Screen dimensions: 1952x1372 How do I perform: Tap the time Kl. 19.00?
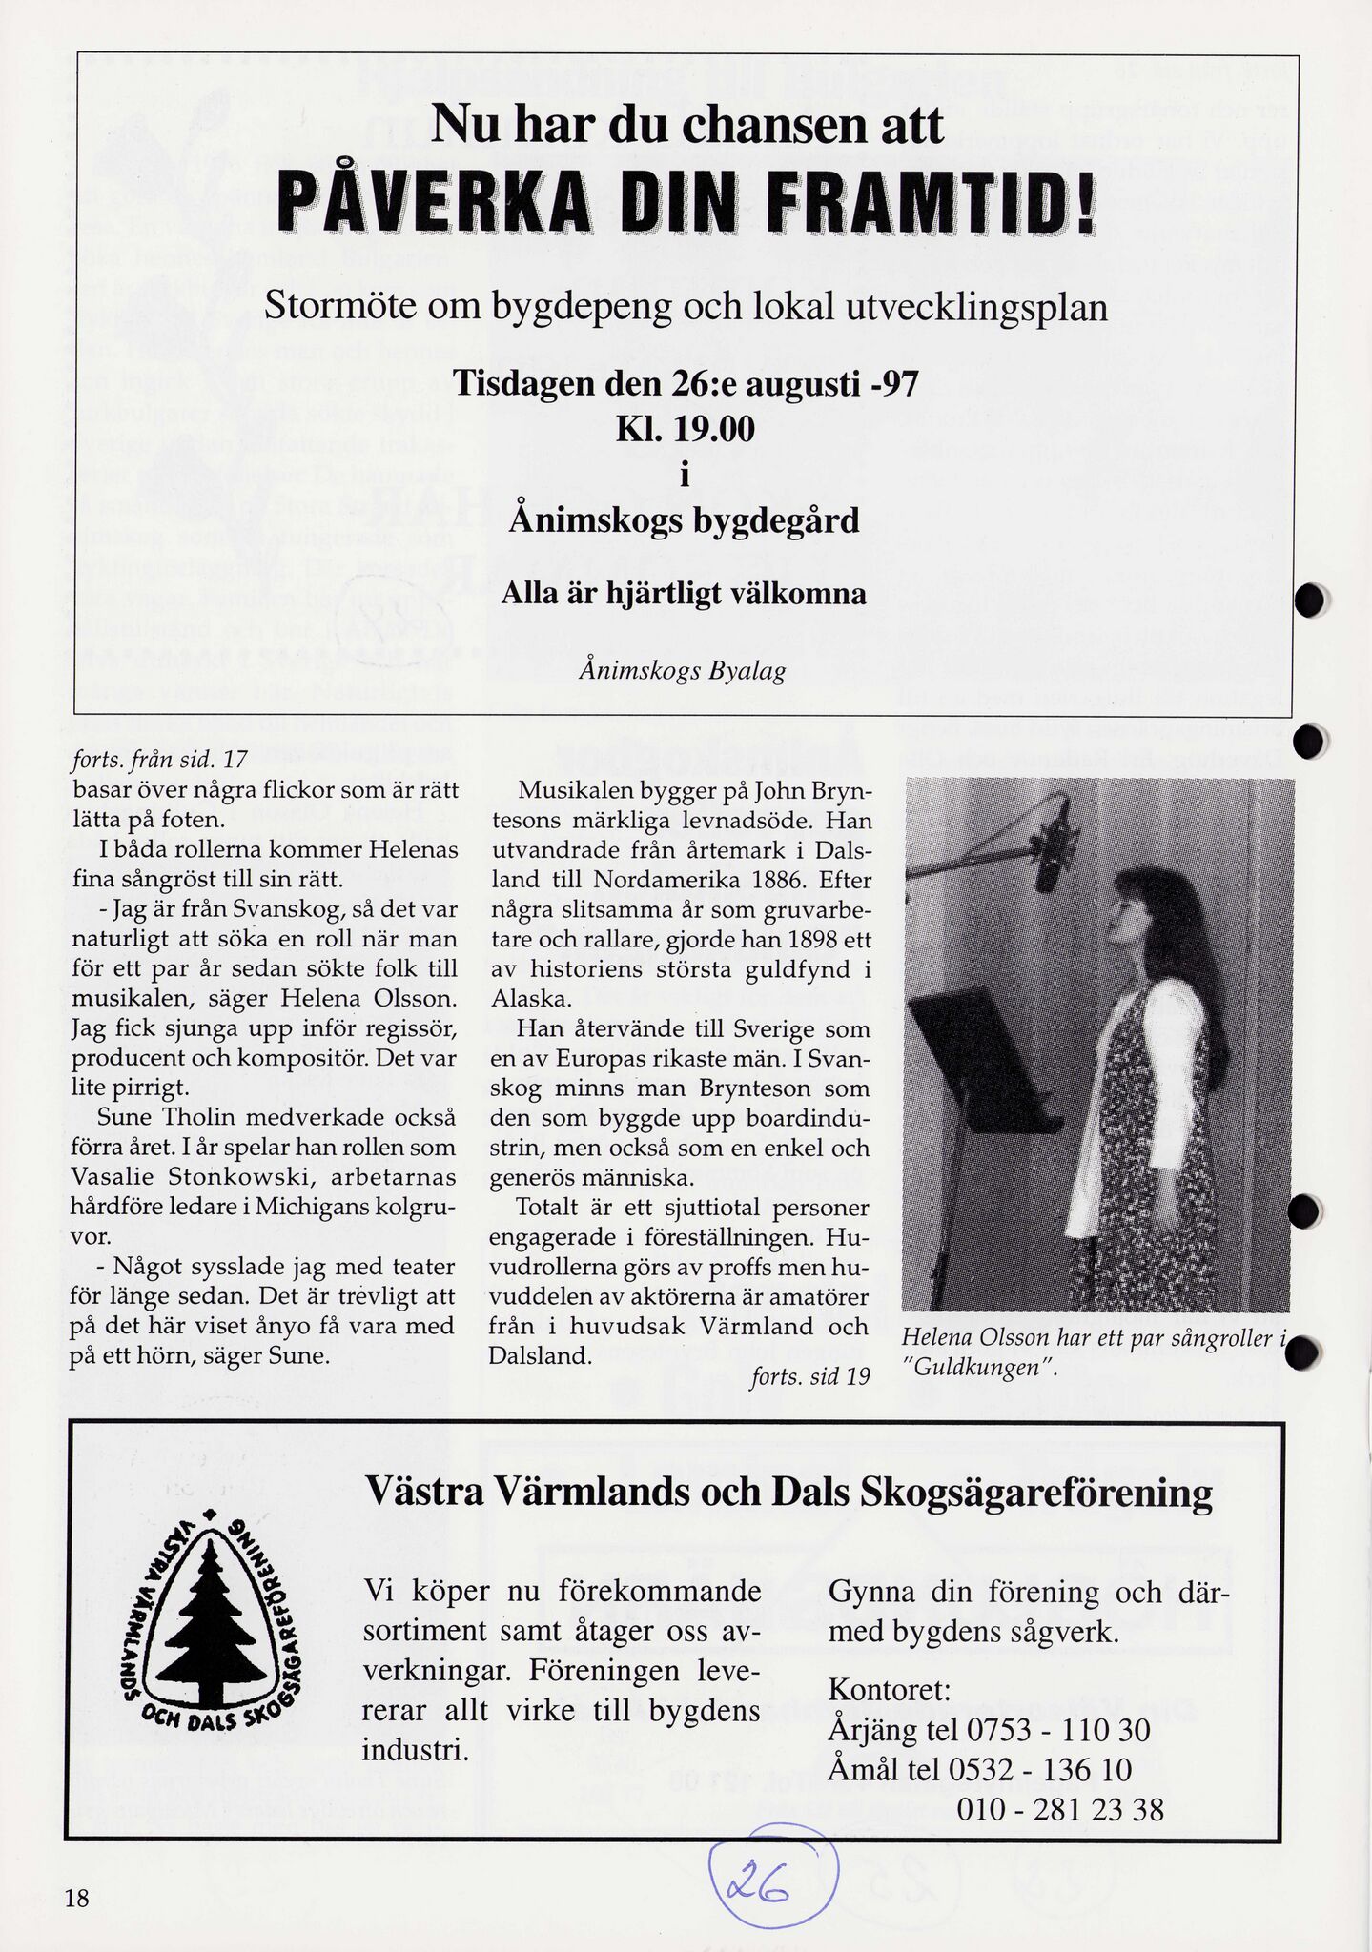click(x=685, y=429)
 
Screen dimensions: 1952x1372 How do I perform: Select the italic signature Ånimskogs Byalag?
click(x=682, y=670)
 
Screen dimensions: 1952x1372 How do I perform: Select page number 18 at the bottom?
click(x=77, y=1898)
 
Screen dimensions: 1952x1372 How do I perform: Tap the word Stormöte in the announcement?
click(x=337, y=307)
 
